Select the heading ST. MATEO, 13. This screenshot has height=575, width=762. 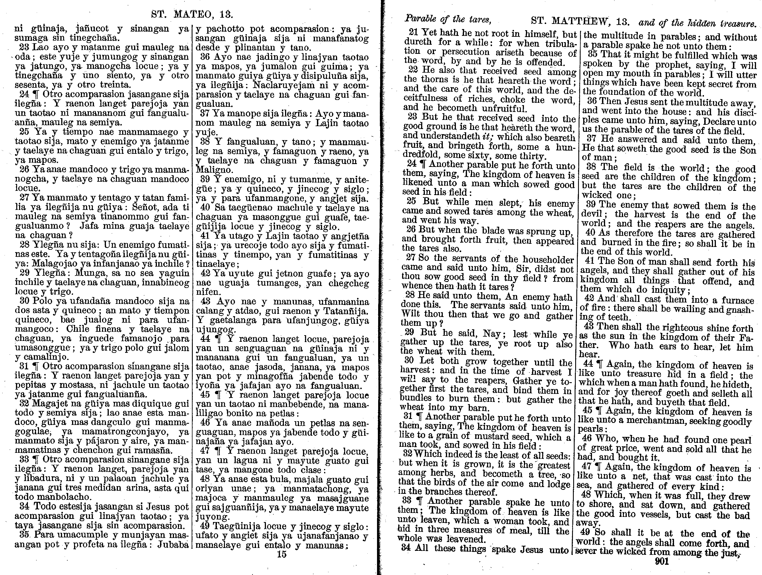192,15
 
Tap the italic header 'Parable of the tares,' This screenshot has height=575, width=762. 448,20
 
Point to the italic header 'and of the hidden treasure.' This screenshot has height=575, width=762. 698,23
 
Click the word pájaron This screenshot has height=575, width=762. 85,441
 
